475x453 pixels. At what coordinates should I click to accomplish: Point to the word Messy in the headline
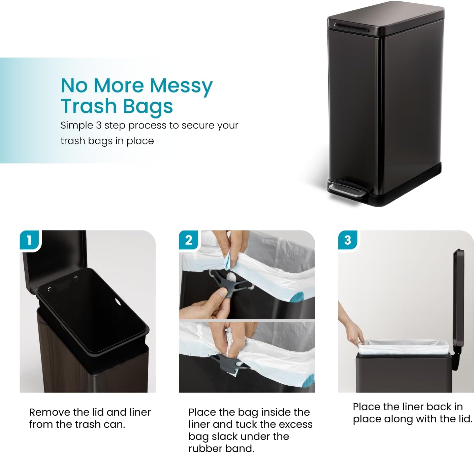click(x=181, y=86)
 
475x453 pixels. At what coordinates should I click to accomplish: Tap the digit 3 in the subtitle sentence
click(x=99, y=125)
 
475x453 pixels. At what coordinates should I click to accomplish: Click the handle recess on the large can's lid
click(x=352, y=27)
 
